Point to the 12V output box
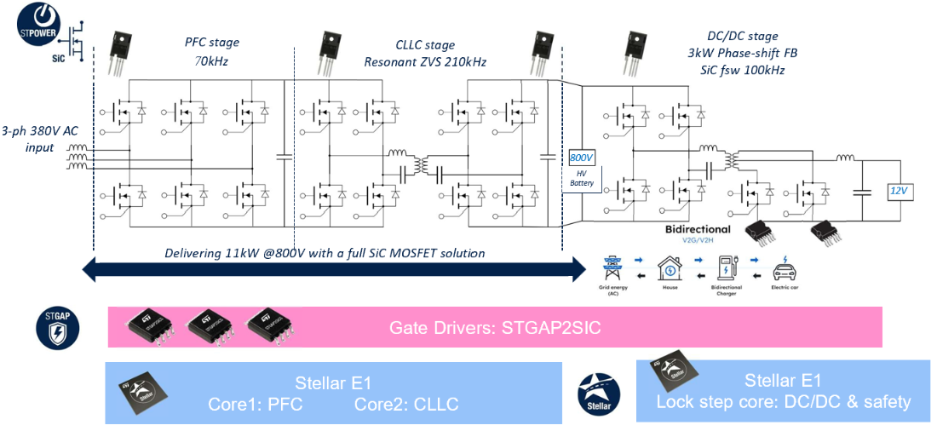901,193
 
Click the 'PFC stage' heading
212,43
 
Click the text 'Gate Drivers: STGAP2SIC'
495,328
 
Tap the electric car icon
785,273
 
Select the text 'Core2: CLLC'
405,404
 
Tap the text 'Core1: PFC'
255,404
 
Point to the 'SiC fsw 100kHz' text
739,70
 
